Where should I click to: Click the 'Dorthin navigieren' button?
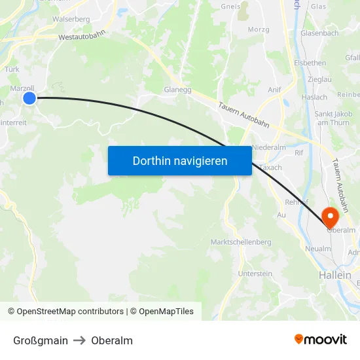(x=180, y=160)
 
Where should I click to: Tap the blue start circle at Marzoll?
(x=29, y=98)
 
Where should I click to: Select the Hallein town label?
(x=335, y=276)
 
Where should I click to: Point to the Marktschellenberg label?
(x=241, y=242)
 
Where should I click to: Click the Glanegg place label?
(x=177, y=90)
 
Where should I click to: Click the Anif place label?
(x=274, y=90)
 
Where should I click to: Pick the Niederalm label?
(x=269, y=147)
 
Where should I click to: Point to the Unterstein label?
(x=255, y=274)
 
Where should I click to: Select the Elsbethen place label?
(x=310, y=63)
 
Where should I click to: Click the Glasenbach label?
(x=319, y=33)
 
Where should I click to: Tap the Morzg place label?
(x=259, y=29)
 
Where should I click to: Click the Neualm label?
(x=317, y=249)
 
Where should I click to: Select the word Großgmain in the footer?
(x=41, y=340)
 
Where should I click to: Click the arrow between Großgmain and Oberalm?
(x=79, y=340)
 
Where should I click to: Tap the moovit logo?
(x=321, y=339)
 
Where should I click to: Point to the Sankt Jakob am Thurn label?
(x=332, y=118)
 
